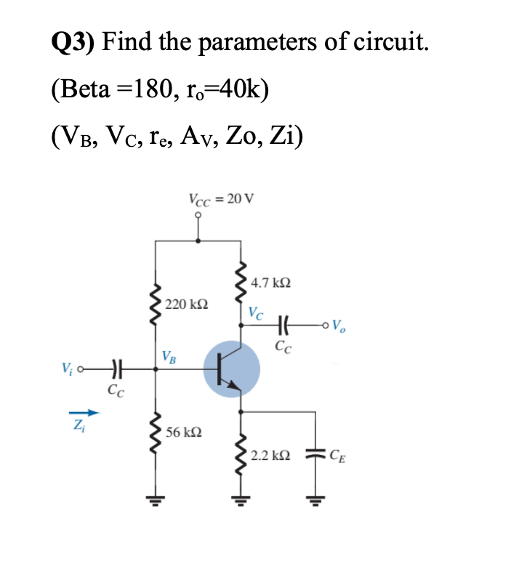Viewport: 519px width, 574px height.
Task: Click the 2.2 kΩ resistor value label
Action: click(270, 456)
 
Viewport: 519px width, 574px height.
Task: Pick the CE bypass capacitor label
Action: click(338, 456)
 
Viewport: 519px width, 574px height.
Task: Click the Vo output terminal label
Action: click(338, 325)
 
